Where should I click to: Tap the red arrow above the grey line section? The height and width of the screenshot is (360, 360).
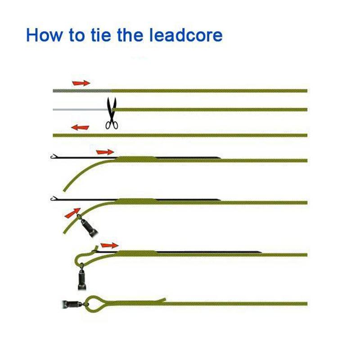point(81,83)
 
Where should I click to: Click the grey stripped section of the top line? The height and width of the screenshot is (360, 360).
point(81,90)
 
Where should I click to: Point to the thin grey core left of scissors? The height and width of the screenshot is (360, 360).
point(79,109)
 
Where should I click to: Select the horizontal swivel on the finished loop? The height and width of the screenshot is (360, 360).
point(71,304)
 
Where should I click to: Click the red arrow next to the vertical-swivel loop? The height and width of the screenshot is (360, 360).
point(109,245)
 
